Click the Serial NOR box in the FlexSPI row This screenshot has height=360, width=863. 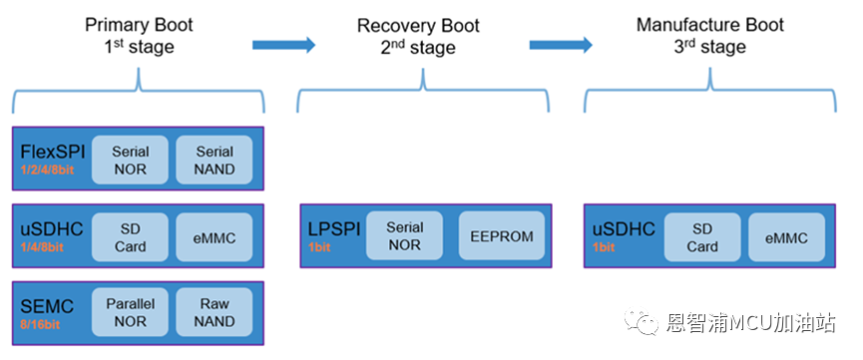130,160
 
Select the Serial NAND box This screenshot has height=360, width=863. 215,160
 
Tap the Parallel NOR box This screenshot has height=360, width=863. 130,312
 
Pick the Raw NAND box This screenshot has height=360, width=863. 215,312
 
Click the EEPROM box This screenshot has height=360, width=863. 502,235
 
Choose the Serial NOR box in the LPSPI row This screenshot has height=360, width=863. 404,235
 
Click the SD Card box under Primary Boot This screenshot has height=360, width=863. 130,237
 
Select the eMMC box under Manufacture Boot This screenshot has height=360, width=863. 786,237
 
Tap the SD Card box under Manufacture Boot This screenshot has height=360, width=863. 702,237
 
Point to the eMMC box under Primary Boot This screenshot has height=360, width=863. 215,237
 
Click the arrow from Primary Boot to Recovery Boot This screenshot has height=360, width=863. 284,45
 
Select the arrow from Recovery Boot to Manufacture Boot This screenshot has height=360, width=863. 561,45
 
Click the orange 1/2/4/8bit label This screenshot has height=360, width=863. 47,170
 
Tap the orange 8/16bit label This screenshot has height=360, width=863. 40,324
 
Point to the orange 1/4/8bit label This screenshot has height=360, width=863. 42,247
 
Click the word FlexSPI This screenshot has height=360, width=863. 53,152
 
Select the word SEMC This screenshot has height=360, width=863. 47,306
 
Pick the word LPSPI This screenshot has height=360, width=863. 334,228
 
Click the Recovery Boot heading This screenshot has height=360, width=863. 418,26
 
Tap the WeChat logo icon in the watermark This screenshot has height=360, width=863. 641,321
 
